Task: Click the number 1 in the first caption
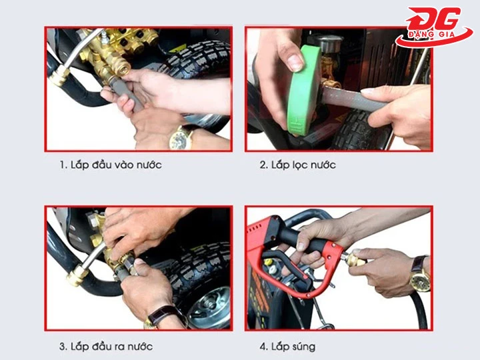pos(61,165)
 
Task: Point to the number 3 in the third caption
pos(62,346)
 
